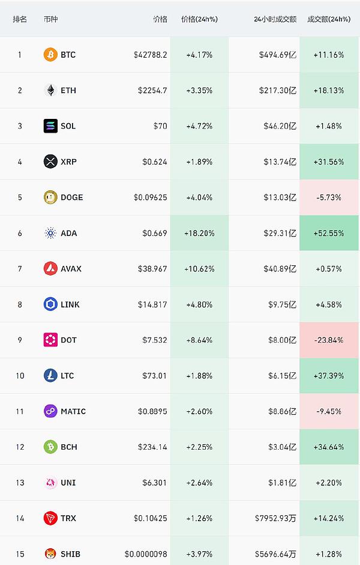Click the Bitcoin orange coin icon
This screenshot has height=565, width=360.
coord(50,55)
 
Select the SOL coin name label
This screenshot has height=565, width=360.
coord(68,126)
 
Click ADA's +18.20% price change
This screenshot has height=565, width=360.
coord(199,233)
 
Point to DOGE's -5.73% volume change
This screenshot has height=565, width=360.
coord(328,198)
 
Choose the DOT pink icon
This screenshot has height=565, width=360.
coord(50,340)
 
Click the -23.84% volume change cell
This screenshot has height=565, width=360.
coord(328,340)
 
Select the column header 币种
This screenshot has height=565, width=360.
coord(51,19)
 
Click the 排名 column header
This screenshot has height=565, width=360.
coord(20,19)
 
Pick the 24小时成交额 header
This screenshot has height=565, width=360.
coord(275,19)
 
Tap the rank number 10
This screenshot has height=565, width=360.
coord(20,376)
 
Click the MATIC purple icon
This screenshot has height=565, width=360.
coord(50,411)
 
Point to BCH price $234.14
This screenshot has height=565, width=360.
coord(153,447)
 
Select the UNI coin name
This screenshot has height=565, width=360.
coord(68,483)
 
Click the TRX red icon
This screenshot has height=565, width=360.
coord(50,518)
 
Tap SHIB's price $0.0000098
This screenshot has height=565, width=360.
coord(146,554)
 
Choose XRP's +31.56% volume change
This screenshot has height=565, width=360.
coord(328,162)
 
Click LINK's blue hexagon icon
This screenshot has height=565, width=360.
coord(50,304)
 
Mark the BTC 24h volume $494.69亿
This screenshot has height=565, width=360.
coord(278,55)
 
